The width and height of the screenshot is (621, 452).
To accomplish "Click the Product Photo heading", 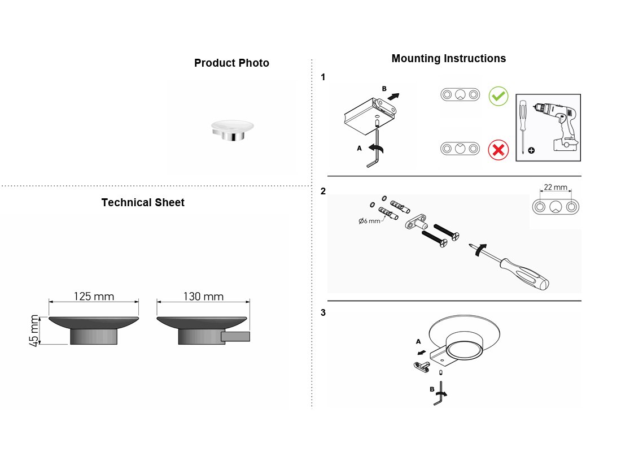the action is [x=231, y=63].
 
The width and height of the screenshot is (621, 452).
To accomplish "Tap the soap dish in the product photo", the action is [x=233, y=131].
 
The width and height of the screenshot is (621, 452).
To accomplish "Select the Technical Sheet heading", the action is [x=143, y=203].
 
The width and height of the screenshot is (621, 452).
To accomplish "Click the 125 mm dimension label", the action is [x=94, y=296].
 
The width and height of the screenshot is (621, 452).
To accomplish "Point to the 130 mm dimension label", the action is [x=203, y=296].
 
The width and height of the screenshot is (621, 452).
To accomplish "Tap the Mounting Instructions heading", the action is [x=449, y=59].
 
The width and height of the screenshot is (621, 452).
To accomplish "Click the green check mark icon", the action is [x=498, y=96].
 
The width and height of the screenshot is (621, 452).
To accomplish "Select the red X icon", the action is [x=498, y=150].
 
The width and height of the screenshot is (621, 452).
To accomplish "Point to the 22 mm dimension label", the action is [x=556, y=187].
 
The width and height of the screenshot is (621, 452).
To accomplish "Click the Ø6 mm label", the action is [x=369, y=221].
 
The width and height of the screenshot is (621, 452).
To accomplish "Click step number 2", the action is [x=323, y=191].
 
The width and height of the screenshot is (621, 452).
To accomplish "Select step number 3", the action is [x=323, y=312].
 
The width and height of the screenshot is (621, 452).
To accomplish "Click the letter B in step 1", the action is [x=384, y=89].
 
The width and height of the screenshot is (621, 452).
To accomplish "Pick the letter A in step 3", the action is [x=419, y=341].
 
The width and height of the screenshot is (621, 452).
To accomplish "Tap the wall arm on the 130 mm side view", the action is [x=235, y=337].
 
